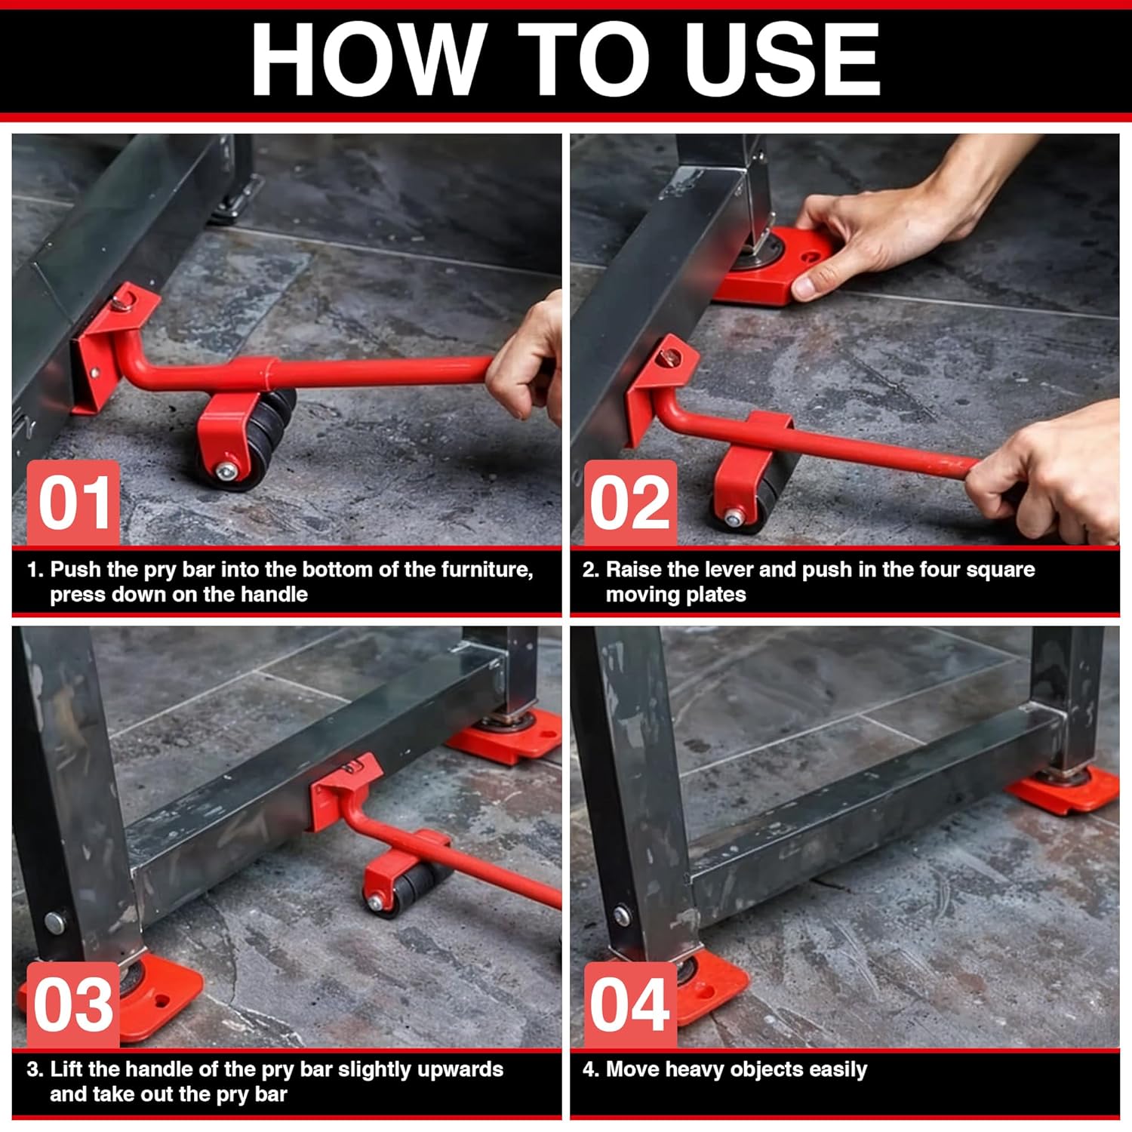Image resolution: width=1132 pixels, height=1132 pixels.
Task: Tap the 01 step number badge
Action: tap(73, 503)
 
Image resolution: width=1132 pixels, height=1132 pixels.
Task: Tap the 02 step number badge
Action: tap(630, 503)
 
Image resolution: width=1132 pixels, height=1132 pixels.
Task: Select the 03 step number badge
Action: tap(73, 1004)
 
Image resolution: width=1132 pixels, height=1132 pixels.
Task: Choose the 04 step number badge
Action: tap(630, 1004)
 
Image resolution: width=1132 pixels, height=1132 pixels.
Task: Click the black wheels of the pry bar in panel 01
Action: tap(264, 438)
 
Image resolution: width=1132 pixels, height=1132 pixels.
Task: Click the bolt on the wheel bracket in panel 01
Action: tap(226, 472)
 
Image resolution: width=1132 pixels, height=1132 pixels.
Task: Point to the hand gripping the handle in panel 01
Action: tap(528, 362)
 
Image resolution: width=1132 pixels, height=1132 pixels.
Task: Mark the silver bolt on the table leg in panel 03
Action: tap(54, 921)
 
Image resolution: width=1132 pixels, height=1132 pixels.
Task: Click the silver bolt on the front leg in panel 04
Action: tap(621, 916)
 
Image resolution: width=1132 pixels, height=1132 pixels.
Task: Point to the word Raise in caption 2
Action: tap(635, 570)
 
